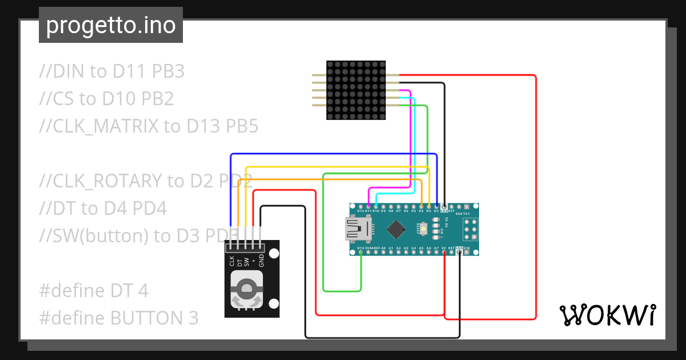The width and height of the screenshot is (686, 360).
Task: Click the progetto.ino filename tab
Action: (x=111, y=25)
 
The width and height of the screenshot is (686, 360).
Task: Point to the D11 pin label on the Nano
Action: (x=368, y=211)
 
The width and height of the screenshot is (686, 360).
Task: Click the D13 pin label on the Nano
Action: (x=361, y=248)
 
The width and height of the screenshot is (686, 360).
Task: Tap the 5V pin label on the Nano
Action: (x=444, y=248)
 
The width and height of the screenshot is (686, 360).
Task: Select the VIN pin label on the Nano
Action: (x=466, y=248)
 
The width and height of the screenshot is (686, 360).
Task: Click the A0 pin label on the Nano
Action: (x=384, y=248)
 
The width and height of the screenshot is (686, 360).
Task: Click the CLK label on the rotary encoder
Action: (x=232, y=261)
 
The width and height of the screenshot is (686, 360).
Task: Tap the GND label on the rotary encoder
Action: (x=261, y=261)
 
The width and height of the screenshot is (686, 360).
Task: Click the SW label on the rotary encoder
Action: (x=246, y=262)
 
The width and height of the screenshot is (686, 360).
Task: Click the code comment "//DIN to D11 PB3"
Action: (x=112, y=71)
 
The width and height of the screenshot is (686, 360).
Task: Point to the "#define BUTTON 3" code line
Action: (x=119, y=318)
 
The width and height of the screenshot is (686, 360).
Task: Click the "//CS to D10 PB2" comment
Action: (x=106, y=99)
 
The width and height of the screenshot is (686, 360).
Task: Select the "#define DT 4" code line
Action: (x=94, y=291)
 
